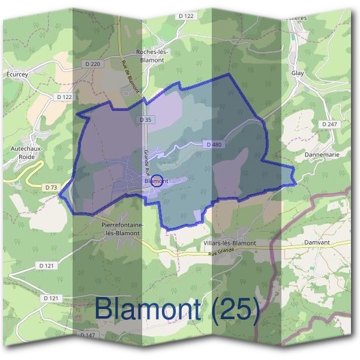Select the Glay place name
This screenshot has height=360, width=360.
298,73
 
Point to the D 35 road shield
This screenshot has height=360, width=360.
145,120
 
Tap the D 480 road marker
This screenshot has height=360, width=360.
213,145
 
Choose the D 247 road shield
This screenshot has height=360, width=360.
329,124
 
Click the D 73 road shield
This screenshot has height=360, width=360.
51,188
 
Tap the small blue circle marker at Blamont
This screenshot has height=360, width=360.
156,181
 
